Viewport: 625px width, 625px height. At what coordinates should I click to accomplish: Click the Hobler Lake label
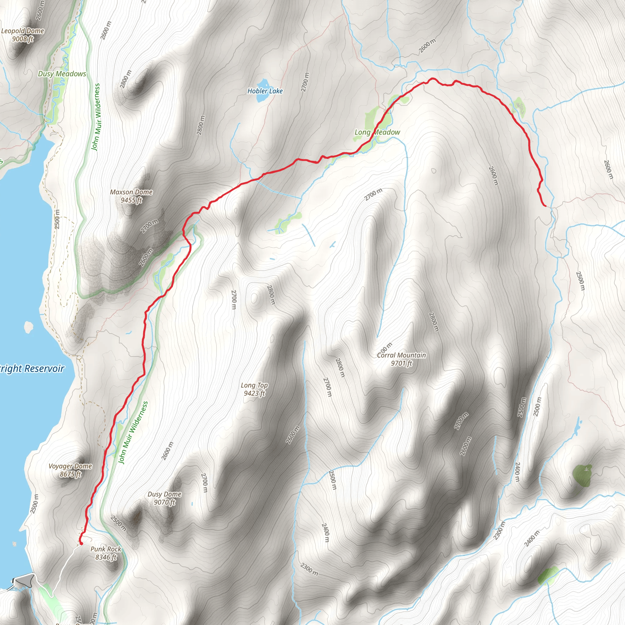pyautogui.click(x=265, y=91)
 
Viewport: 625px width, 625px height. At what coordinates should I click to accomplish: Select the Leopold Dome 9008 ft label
pyautogui.click(x=23, y=35)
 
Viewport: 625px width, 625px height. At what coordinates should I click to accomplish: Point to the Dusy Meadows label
pyautogui.click(x=62, y=74)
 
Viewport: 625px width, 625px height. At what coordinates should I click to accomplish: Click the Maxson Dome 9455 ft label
pyautogui.click(x=131, y=196)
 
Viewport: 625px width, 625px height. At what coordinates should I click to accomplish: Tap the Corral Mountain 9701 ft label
pyautogui.click(x=402, y=359)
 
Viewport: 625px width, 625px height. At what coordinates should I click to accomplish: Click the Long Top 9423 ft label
pyautogui.click(x=254, y=389)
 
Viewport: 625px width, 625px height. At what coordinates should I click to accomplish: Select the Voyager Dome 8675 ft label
pyautogui.click(x=70, y=470)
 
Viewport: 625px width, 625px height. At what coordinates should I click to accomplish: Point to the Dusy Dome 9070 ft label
pyautogui.click(x=164, y=498)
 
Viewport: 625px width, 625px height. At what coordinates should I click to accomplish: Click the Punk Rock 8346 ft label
pyautogui.click(x=106, y=553)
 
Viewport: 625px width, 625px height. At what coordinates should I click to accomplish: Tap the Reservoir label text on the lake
pyautogui.click(x=32, y=368)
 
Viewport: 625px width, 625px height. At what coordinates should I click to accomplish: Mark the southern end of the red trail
pyautogui.click(x=81, y=544)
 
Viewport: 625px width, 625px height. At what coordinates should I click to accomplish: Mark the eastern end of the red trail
pyautogui.click(x=546, y=206)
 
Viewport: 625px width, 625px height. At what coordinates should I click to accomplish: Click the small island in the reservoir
pyautogui.click(x=28, y=327)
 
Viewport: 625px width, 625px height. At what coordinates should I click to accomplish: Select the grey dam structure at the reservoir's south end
pyautogui.click(x=25, y=581)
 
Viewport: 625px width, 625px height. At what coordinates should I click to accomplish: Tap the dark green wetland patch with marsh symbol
pyautogui.click(x=582, y=475)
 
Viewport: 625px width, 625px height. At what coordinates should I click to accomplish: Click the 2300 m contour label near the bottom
pyautogui.click(x=309, y=569)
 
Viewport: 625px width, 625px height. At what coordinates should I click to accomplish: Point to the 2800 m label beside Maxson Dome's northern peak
pyautogui.click(x=126, y=79)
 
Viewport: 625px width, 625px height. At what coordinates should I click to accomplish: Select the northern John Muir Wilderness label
pyautogui.click(x=96, y=117)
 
